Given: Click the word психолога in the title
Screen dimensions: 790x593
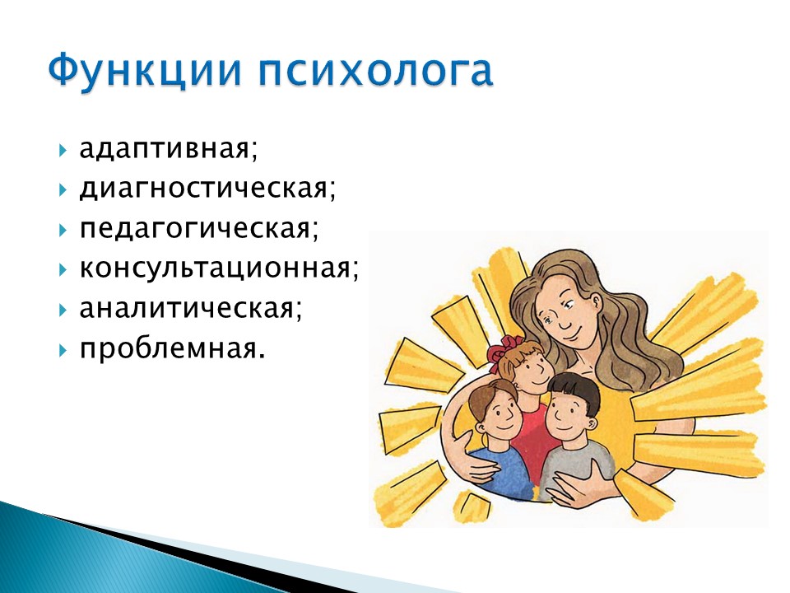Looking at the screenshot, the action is (375, 70).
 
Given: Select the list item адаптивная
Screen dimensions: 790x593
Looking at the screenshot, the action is (168, 149).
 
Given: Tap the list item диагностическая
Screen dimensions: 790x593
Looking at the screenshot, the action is (207, 189).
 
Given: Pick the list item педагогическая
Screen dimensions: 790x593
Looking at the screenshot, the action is (199, 229).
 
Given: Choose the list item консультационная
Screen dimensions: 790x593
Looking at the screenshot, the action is (219, 268).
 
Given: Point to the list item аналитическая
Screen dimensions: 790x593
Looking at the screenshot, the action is (191, 308).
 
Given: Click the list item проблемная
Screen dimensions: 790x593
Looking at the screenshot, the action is (172, 348).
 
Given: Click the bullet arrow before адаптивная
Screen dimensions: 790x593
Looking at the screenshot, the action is (63, 150).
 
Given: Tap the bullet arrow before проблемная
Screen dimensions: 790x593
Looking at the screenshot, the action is (63, 349).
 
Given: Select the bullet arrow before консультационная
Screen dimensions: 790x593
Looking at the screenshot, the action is (63, 270).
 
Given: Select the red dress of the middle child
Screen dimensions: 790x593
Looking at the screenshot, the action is (529, 439).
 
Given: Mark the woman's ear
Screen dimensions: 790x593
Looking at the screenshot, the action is (595, 304).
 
